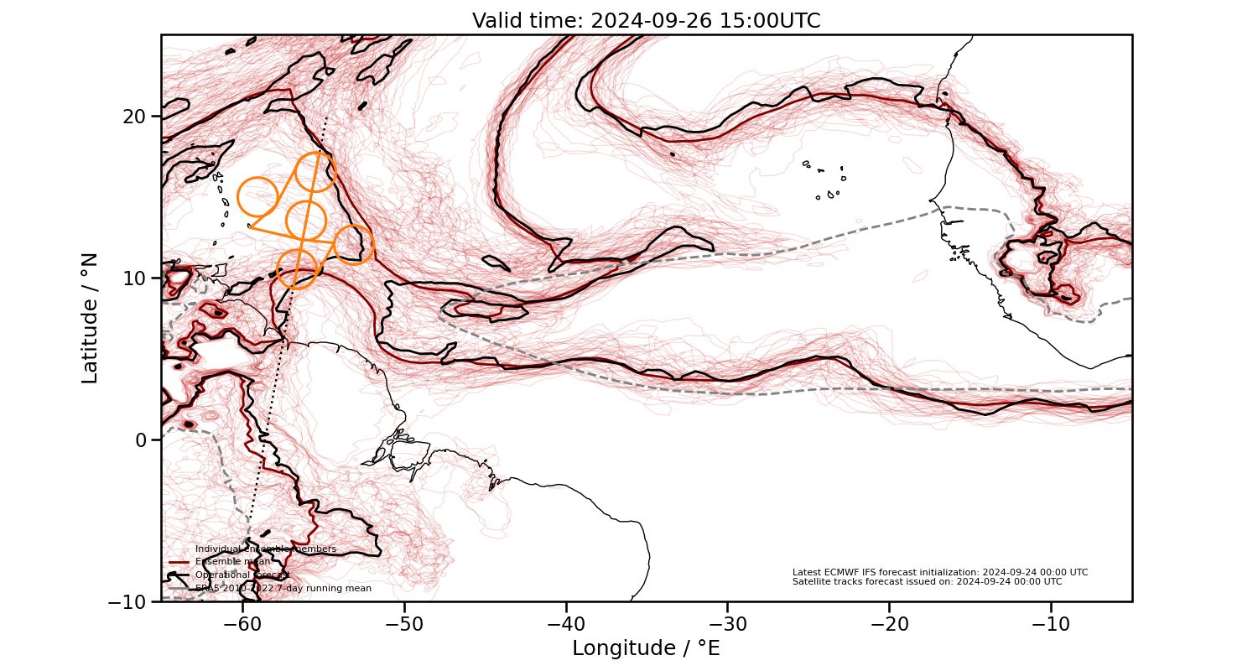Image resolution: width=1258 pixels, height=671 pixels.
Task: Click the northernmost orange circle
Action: (x=315, y=172)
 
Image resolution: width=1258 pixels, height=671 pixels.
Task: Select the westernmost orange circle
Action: (x=257, y=197)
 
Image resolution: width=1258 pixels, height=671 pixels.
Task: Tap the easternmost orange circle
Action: (x=354, y=244)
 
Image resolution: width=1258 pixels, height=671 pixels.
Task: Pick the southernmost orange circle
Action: (x=296, y=268)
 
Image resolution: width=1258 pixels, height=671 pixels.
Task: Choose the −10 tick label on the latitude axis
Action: (x=131, y=601)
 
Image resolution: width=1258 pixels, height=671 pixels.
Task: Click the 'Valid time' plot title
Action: (x=646, y=21)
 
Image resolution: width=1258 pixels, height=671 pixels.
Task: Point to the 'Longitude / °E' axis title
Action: (x=646, y=648)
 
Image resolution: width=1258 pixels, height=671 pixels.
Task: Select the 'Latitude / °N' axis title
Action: (x=90, y=318)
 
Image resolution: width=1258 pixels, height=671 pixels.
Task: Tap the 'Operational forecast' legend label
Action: (x=242, y=575)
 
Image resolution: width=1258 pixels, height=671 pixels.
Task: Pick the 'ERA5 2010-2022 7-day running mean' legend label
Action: (x=283, y=589)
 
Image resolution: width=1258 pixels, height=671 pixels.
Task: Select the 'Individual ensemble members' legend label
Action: (x=265, y=549)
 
